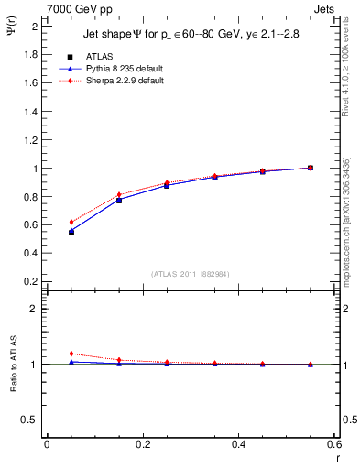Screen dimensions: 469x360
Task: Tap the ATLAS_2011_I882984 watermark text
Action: [191, 274]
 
